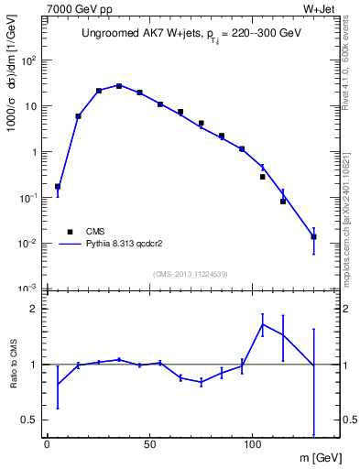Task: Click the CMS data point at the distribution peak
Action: [x=119, y=86]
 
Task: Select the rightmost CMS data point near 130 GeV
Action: [x=314, y=237]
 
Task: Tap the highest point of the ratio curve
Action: [x=263, y=324]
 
